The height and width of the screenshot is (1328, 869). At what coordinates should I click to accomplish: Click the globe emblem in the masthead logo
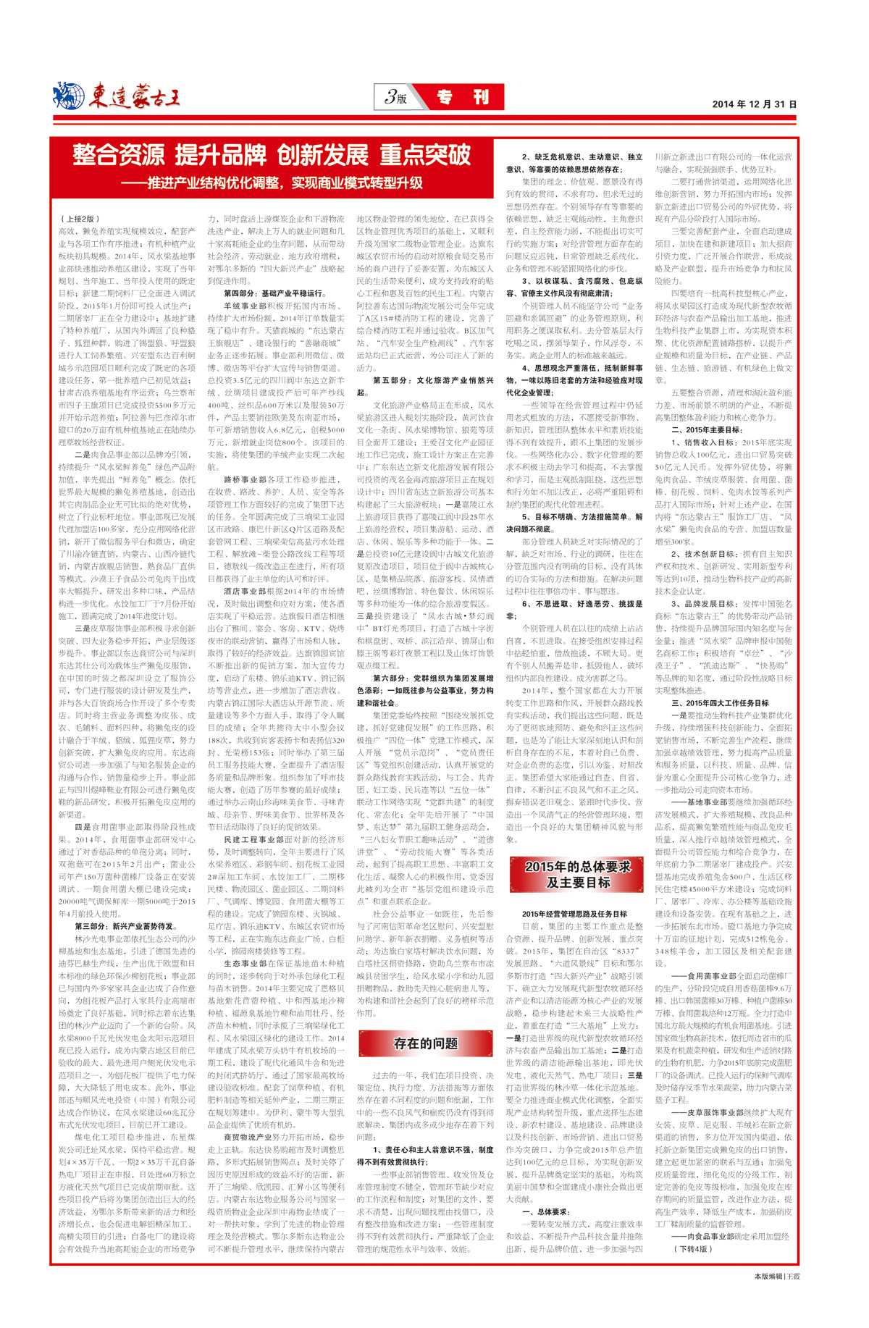click(x=70, y=96)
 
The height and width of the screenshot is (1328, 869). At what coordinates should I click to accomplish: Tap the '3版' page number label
click(x=395, y=97)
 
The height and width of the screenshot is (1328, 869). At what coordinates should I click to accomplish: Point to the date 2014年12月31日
click(x=754, y=104)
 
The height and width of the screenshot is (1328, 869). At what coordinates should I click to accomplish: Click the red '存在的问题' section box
click(x=425, y=1043)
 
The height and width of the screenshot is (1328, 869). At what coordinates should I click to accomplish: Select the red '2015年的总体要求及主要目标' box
click(x=577, y=874)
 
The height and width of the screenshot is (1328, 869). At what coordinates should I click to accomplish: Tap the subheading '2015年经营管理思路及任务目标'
click(x=574, y=914)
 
